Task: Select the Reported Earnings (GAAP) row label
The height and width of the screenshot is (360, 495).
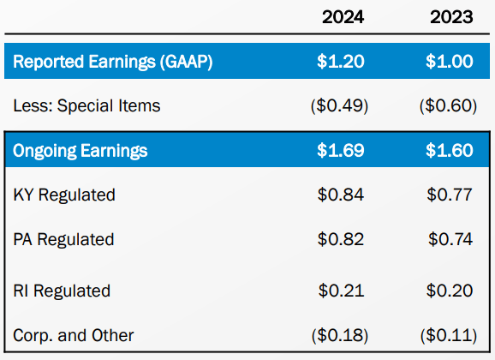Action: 112,61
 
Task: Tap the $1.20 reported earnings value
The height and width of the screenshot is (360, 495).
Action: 339,61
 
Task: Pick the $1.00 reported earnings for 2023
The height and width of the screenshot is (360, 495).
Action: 449,61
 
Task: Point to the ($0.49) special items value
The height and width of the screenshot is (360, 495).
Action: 339,105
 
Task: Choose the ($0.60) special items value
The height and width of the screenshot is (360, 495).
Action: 449,105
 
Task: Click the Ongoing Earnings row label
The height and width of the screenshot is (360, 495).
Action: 80,151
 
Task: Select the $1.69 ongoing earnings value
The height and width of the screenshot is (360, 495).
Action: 339,151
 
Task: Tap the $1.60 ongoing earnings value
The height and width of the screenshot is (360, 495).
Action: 449,151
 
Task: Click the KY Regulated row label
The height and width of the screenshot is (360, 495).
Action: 64,195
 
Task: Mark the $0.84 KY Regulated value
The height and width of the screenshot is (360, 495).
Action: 339,195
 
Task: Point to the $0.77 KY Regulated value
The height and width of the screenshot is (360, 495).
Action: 449,195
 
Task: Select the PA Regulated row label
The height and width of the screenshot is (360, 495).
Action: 63,239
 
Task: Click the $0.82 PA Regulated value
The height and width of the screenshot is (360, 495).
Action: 339,239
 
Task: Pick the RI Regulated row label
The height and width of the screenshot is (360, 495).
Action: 62,291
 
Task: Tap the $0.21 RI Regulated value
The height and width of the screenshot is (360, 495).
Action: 339,291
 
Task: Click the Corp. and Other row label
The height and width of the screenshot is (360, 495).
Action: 74,334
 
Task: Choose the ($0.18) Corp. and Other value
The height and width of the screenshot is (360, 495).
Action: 339,334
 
